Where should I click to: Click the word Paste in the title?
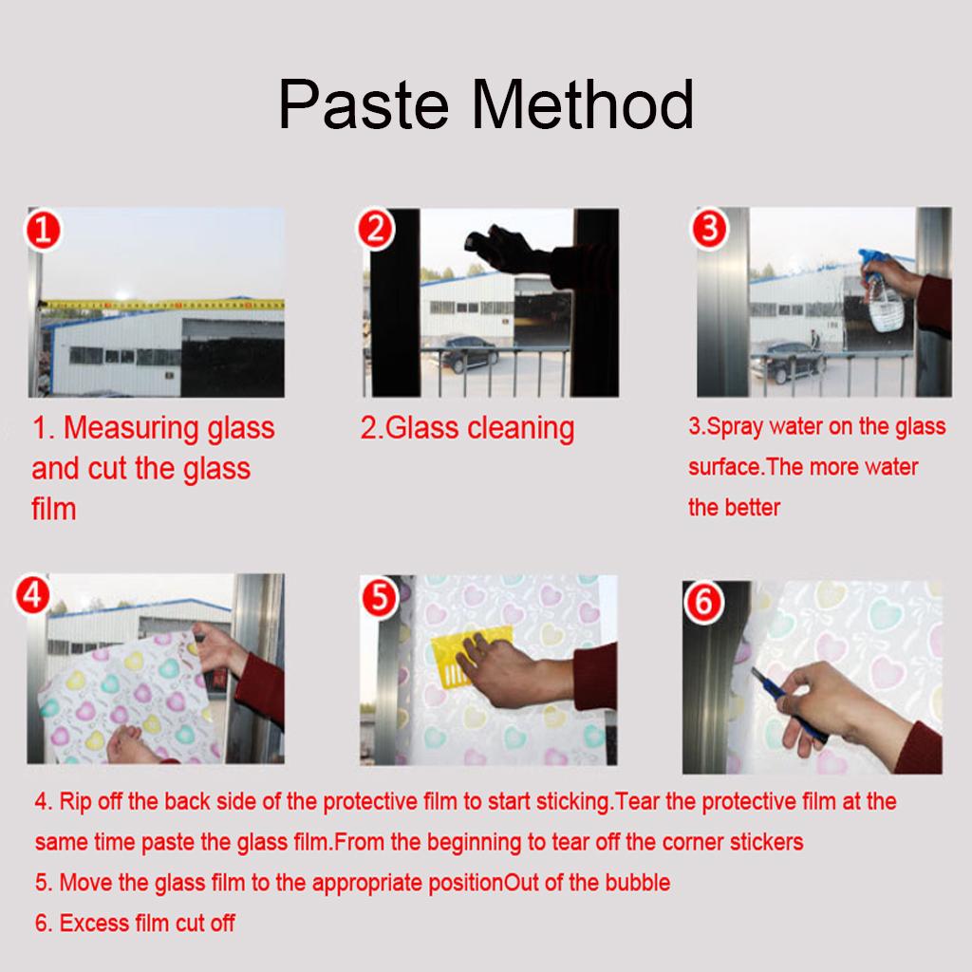[364, 104]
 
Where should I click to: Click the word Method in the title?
[582, 104]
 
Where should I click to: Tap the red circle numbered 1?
[43, 230]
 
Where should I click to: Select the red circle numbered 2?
[376, 228]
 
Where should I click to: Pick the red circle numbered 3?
[710, 228]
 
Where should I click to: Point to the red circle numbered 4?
[33, 595]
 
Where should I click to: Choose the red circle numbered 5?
[380, 598]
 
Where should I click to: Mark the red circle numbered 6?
[703, 602]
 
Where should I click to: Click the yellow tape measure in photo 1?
[162, 305]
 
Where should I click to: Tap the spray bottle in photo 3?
[882, 290]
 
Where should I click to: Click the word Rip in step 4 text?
[75, 801]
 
